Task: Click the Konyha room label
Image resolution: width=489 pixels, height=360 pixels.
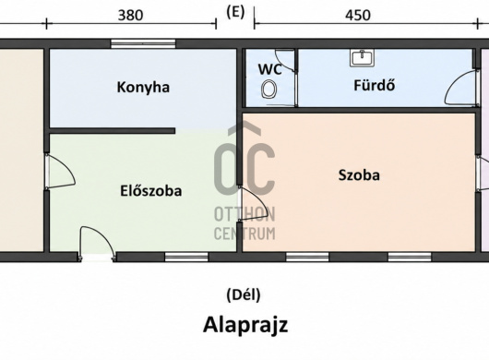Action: [143, 88]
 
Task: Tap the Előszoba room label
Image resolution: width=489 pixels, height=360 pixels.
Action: [151, 191]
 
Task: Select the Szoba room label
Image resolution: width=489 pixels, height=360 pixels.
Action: [359, 175]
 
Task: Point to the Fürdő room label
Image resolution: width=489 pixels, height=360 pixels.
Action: [375, 85]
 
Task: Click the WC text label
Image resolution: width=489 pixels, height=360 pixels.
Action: [270, 69]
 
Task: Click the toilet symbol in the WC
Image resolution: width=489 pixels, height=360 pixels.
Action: [268, 90]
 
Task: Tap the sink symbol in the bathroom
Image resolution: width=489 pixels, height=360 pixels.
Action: [362, 58]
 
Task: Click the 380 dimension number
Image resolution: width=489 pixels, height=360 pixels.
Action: [131, 15]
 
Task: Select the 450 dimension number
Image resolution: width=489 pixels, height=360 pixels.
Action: [358, 15]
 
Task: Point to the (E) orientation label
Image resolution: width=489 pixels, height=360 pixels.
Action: [235, 13]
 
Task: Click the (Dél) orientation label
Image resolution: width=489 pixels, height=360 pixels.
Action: [244, 294]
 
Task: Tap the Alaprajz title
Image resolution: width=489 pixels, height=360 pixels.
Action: [245, 325]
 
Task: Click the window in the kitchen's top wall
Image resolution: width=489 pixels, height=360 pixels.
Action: [143, 43]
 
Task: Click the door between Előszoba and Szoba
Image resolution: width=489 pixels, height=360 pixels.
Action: [253, 203]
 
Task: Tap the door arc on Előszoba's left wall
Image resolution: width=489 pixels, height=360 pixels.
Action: [60, 172]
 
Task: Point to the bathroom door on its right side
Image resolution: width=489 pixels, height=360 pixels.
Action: [461, 88]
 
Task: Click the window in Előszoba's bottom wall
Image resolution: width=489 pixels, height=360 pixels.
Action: [186, 257]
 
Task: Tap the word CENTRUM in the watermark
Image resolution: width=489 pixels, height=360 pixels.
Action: [244, 234]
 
